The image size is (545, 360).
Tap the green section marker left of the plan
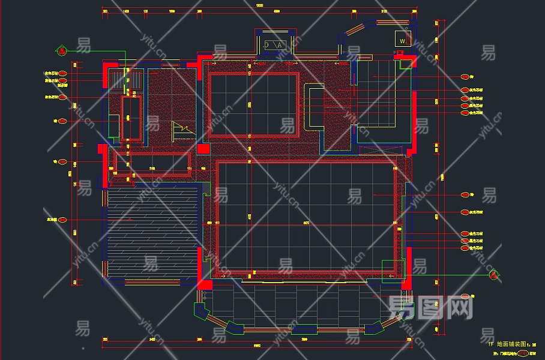point(61,51)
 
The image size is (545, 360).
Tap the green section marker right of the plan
point(493,275)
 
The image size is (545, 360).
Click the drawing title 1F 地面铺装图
point(511,344)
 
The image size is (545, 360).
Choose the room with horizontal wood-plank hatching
point(152,233)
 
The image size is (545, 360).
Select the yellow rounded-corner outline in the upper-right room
point(316,107)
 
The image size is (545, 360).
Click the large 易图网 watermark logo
point(429,307)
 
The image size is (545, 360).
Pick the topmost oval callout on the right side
point(465,77)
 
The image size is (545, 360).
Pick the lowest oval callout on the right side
point(465,296)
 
